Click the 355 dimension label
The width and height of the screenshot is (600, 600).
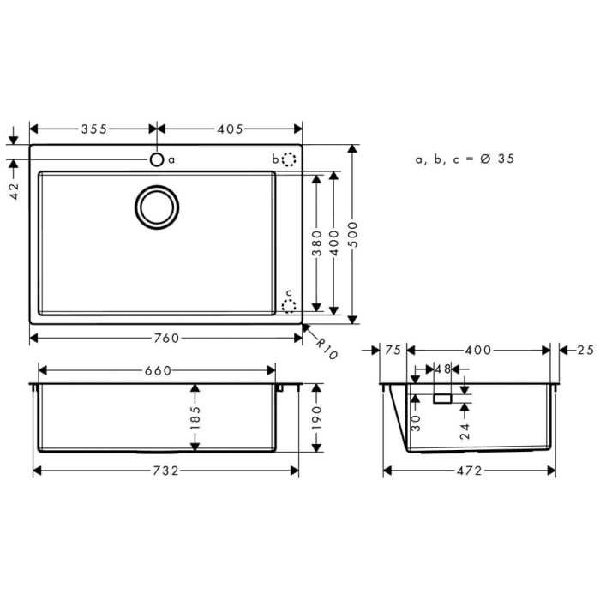(x=93, y=129)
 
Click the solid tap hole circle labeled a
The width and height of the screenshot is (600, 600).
(x=157, y=159)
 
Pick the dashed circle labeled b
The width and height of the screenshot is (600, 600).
(x=289, y=159)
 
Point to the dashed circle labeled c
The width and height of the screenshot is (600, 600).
(x=289, y=304)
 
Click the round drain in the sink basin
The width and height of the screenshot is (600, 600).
(x=157, y=207)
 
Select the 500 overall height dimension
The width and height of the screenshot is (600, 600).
(x=352, y=231)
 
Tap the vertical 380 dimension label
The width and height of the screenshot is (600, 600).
(x=316, y=243)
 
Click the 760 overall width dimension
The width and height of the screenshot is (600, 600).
(x=167, y=338)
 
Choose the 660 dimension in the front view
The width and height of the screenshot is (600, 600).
(x=158, y=370)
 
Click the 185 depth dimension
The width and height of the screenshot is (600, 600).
(x=195, y=417)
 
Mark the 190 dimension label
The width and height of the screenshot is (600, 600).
(x=316, y=417)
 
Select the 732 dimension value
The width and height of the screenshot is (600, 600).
(x=165, y=471)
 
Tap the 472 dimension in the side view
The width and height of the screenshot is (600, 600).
(x=469, y=471)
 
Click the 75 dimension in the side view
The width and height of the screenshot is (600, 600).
(x=393, y=350)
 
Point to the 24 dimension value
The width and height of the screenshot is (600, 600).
(x=464, y=429)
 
